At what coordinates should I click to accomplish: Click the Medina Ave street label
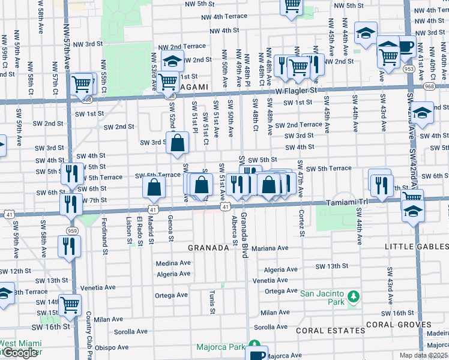pos(173,263)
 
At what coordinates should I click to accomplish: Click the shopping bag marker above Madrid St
pos(154,188)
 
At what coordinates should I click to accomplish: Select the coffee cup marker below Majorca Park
pos(256,353)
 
